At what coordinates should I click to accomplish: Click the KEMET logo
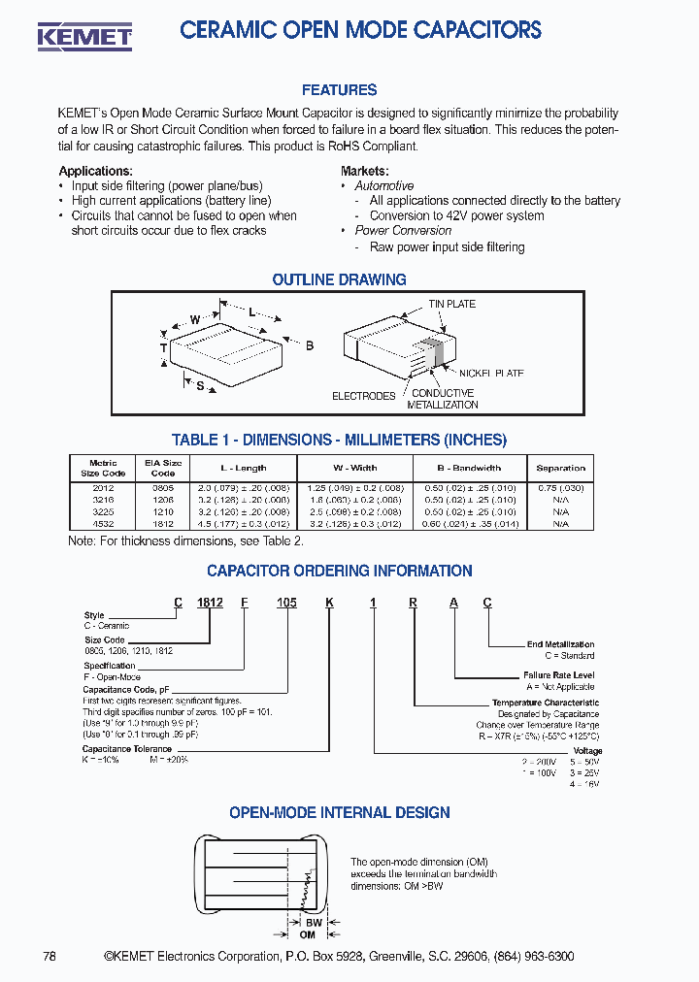tap(84, 36)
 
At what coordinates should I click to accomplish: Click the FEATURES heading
tap(339, 90)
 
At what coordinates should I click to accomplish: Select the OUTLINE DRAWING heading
tap(339, 279)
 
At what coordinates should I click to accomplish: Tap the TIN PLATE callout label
tap(452, 304)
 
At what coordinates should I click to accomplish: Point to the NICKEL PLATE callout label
tap(490, 373)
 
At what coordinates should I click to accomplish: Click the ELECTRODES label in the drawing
tap(364, 396)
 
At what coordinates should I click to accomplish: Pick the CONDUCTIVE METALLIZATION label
tap(443, 399)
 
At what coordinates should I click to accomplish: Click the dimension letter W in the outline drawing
tap(195, 320)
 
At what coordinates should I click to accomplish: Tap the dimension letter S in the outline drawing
tap(200, 386)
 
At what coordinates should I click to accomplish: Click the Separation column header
tap(560, 468)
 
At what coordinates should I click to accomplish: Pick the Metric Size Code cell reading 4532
tap(103, 524)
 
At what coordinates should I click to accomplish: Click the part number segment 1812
tap(210, 603)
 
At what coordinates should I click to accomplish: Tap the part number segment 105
tap(286, 603)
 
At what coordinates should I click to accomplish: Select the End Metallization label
tap(560, 644)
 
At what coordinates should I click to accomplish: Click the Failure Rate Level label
tap(558, 674)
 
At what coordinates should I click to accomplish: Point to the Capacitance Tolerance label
tap(127, 749)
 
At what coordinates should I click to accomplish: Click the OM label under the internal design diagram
tap(308, 934)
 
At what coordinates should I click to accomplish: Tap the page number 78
tap(50, 957)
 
